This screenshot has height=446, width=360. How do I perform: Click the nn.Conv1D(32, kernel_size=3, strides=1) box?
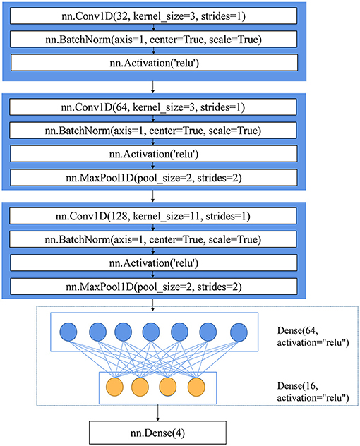point(154,16)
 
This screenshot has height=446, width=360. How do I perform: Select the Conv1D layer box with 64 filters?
point(153,107)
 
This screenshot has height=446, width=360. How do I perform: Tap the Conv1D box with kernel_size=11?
point(153,216)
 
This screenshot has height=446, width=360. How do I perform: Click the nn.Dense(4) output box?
point(157,433)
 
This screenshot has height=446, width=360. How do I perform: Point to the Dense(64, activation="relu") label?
point(313,337)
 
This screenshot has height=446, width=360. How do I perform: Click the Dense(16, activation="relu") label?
point(313,392)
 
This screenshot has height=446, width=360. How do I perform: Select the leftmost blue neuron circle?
point(68,332)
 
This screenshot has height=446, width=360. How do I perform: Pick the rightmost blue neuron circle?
point(239,332)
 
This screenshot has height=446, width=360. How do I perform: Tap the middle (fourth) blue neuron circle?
point(151,332)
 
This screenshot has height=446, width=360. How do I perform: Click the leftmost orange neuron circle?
point(114,387)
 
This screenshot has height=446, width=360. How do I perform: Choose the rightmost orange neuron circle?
point(196,387)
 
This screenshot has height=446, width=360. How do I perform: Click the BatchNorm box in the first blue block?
point(154,39)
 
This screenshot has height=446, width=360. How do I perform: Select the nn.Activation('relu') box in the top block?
point(155,63)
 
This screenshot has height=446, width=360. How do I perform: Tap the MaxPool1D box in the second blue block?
point(154,178)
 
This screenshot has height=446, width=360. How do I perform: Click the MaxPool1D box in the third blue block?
point(154,287)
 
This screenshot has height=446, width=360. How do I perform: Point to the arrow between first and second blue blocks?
point(152,87)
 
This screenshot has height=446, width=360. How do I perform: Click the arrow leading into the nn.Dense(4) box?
point(157,412)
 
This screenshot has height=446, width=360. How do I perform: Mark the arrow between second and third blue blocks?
point(152,196)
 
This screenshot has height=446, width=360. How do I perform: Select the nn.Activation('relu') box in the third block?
point(154,263)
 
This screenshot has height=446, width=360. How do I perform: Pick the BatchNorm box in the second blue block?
point(153,131)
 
